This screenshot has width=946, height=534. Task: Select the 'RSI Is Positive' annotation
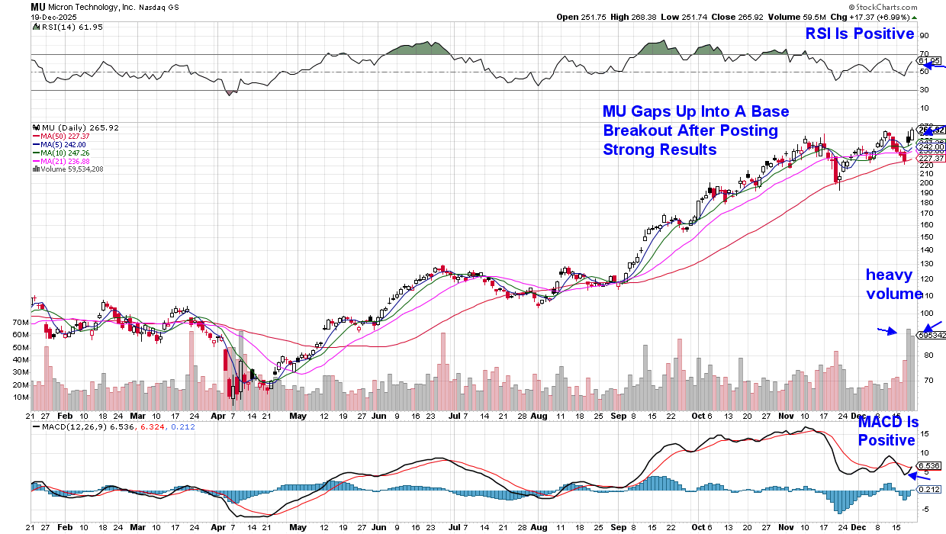tap(861, 34)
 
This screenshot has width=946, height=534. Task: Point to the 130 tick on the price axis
tap(925, 264)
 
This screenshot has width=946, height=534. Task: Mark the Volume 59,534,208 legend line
tap(72, 169)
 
